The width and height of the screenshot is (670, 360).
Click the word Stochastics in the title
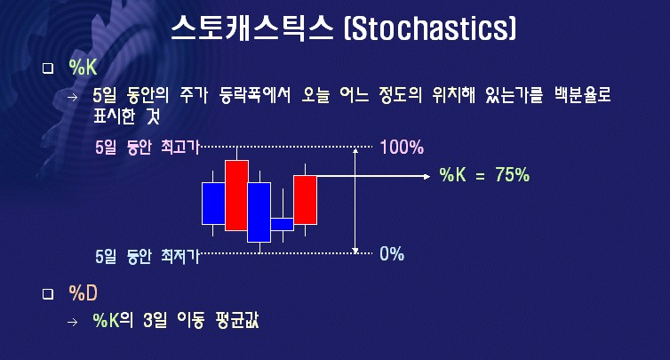click(x=430, y=28)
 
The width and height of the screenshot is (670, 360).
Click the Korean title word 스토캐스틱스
click(x=252, y=28)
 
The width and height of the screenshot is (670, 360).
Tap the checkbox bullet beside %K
click(x=48, y=68)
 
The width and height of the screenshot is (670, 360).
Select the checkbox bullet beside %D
click(x=48, y=293)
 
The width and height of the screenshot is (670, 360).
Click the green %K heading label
click(x=83, y=68)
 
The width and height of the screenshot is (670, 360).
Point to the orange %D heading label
click(x=83, y=292)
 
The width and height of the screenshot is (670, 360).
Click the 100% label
click(x=402, y=148)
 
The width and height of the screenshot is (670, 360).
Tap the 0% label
click(x=392, y=254)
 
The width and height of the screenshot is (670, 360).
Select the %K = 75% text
click(x=484, y=175)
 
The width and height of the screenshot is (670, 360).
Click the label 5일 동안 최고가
click(x=148, y=148)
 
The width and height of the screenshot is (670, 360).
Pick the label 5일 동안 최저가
click(x=148, y=256)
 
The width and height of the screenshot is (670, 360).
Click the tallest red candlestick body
click(x=236, y=196)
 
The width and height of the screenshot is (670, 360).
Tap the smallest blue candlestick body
click(x=283, y=225)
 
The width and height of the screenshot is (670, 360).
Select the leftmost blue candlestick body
click(x=213, y=204)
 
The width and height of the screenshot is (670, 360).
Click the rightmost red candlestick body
click(x=305, y=200)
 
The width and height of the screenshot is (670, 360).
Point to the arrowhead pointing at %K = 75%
click(x=427, y=176)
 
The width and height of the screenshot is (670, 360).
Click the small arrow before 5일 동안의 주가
click(x=73, y=97)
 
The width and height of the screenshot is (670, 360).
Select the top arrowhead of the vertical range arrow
click(x=355, y=149)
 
